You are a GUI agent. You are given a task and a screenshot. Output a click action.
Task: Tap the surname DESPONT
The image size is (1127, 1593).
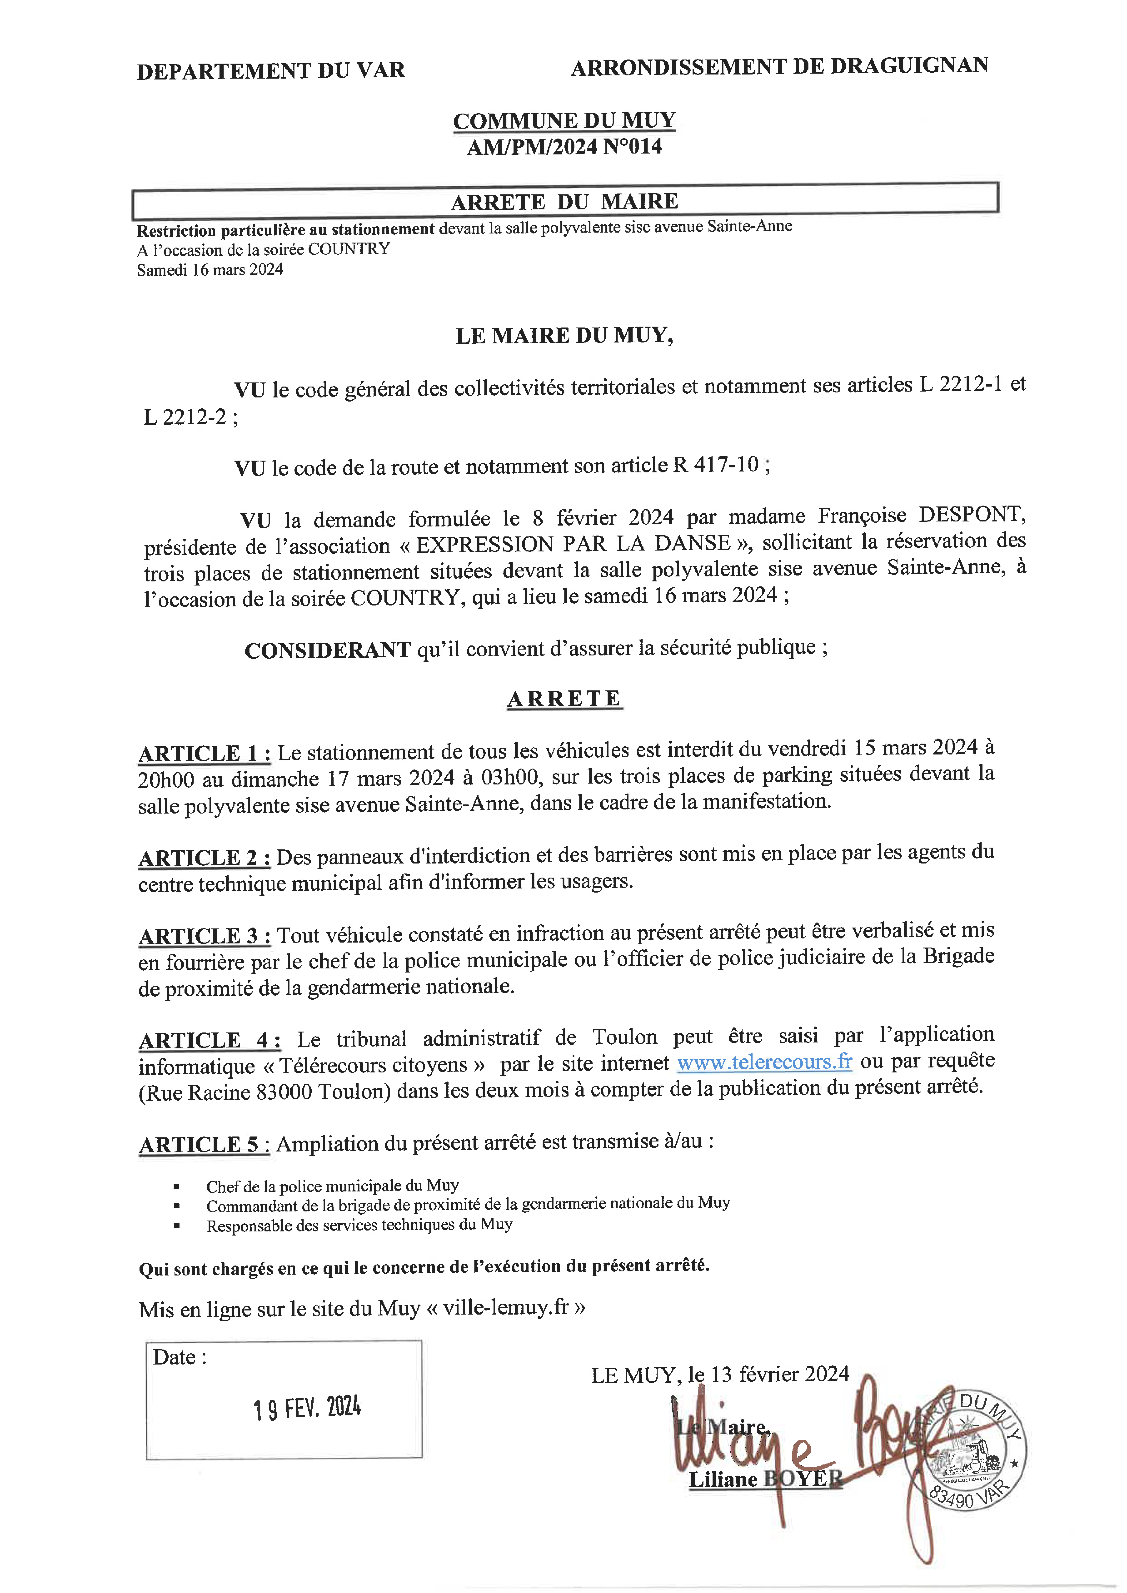972,515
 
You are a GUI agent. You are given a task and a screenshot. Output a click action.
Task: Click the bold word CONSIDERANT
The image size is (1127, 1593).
328,650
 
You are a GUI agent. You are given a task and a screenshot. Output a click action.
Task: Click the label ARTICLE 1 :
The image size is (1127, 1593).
205,754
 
